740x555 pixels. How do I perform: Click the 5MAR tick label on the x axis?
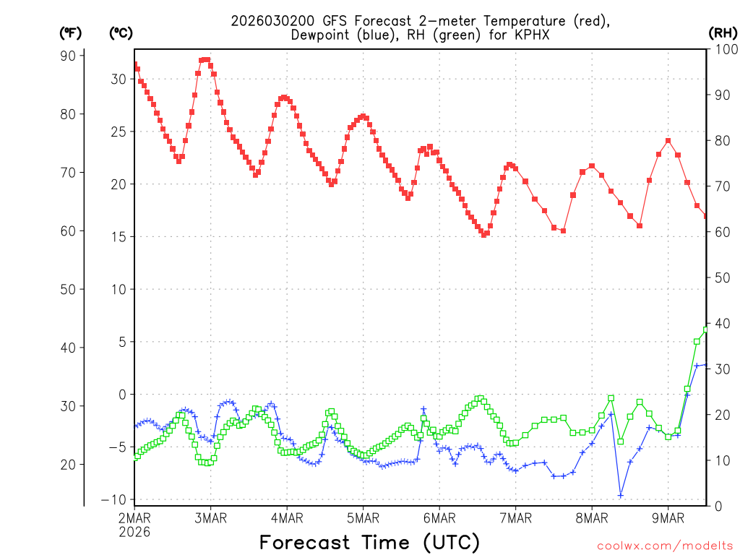(x=363, y=518)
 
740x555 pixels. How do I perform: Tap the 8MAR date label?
(x=591, y=518)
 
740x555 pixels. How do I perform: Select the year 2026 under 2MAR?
(x=135, y=532)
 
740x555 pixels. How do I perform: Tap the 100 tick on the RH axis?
(x=723, y=49)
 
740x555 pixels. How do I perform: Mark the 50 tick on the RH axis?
(x=720, y=277)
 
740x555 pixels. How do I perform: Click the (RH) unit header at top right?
(x=723, y=33)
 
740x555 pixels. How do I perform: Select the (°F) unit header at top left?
(x=70, y=33)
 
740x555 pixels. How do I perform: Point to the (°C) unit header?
(x=120, y=33)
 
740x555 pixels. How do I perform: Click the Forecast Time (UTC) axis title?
(x=369, y=542)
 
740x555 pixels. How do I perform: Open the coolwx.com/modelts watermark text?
(x=665, y=546)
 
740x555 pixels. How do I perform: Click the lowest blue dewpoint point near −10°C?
(x=620, y=495)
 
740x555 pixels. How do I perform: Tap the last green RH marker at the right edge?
(x=706, y=330)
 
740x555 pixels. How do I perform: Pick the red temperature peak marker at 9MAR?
(x=668, y=141)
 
